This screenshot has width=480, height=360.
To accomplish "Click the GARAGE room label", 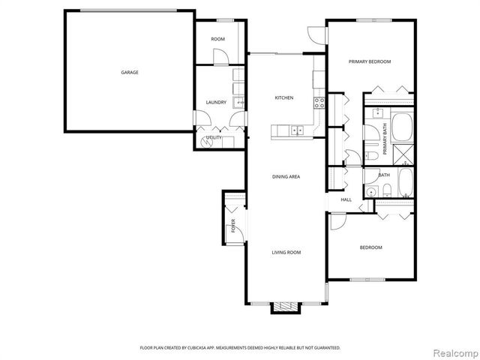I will [x=130, y=73].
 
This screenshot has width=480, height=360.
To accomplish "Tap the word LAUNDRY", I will [x=216, y=103].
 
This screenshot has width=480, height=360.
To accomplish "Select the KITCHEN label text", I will [x=283, y=98].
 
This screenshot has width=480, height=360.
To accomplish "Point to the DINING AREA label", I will [x=286, y=176].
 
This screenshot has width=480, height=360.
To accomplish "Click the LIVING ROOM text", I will [x=286, y=253].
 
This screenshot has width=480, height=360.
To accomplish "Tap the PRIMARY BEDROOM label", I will [x=370, y=62].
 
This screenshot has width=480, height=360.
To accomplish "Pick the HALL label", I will [x=346, y=199].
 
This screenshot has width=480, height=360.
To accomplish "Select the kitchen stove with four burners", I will [x=319, y=103].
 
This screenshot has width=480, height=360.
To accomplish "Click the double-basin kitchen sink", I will [x=298, y=130].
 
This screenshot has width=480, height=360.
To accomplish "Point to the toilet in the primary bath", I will [x=372, y=155].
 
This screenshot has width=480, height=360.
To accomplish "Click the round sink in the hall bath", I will [x=370, y=193].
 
